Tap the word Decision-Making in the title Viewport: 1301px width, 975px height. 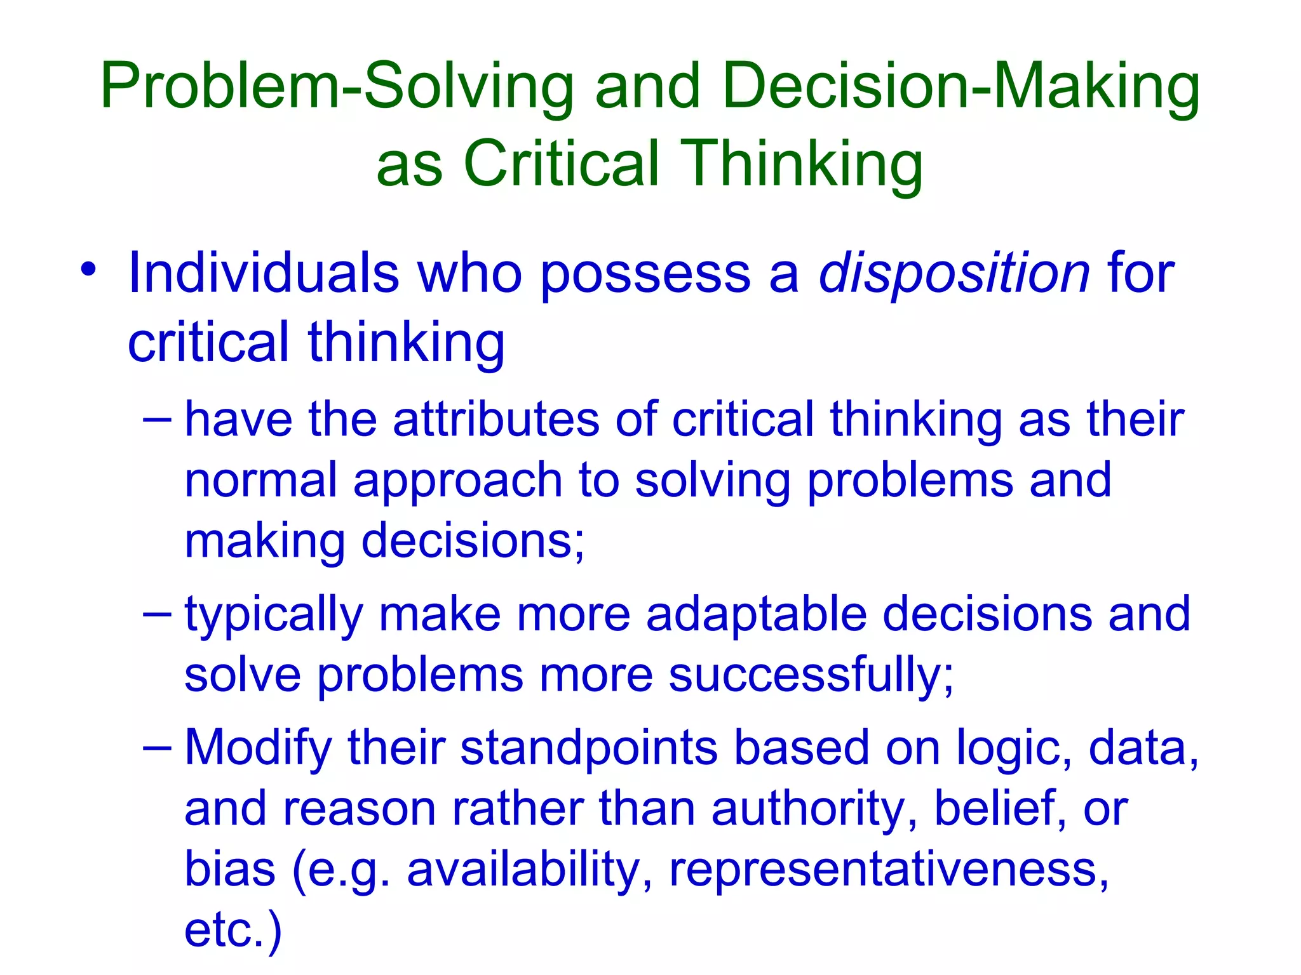[x=961, y=87]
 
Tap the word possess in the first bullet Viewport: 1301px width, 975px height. [x=645, y=274]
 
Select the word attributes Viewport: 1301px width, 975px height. [x=495, y=420]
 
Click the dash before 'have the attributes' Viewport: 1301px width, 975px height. [x=157, y=420]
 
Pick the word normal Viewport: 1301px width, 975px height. [x=260, y=481]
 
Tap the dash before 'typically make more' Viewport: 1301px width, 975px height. [x=157, y=614]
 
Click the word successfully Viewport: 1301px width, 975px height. [x=810, y=675]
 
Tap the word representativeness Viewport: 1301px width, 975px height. [x=889, y=870]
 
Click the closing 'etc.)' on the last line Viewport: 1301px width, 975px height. [x=233, y=930]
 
